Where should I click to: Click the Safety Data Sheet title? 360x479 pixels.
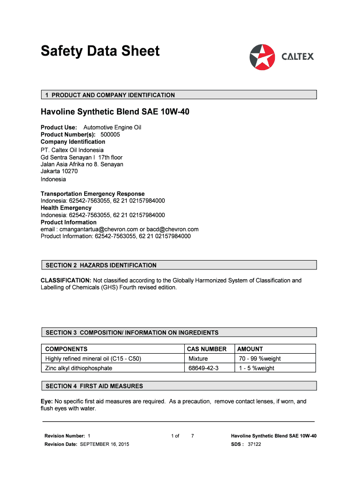tap(100, 51)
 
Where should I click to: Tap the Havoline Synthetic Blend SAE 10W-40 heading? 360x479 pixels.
tap(115, 112)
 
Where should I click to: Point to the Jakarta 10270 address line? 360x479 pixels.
tap(59, 171)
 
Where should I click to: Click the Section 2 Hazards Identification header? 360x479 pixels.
tap(101, 265)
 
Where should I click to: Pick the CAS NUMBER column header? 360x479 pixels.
tap(207, 349)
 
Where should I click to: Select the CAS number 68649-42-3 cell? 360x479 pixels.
tap(203, 368)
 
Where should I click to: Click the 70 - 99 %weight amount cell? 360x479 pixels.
tap(260, 359)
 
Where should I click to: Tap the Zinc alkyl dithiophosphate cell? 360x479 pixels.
tap(79, 368)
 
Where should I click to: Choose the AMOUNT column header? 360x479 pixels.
tap(250, 349)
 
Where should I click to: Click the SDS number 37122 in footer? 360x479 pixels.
tap(254, 444)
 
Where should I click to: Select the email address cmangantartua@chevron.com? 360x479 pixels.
tap(98, 229)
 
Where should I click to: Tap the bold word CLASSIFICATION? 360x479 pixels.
tap(66, 281)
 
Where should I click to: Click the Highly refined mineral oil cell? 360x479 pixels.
tap(93, 359)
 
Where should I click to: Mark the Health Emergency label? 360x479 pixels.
tap(66, 208)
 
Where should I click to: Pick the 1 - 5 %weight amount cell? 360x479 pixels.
tap(257, 368)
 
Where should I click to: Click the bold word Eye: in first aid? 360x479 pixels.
tap(47, 401)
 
